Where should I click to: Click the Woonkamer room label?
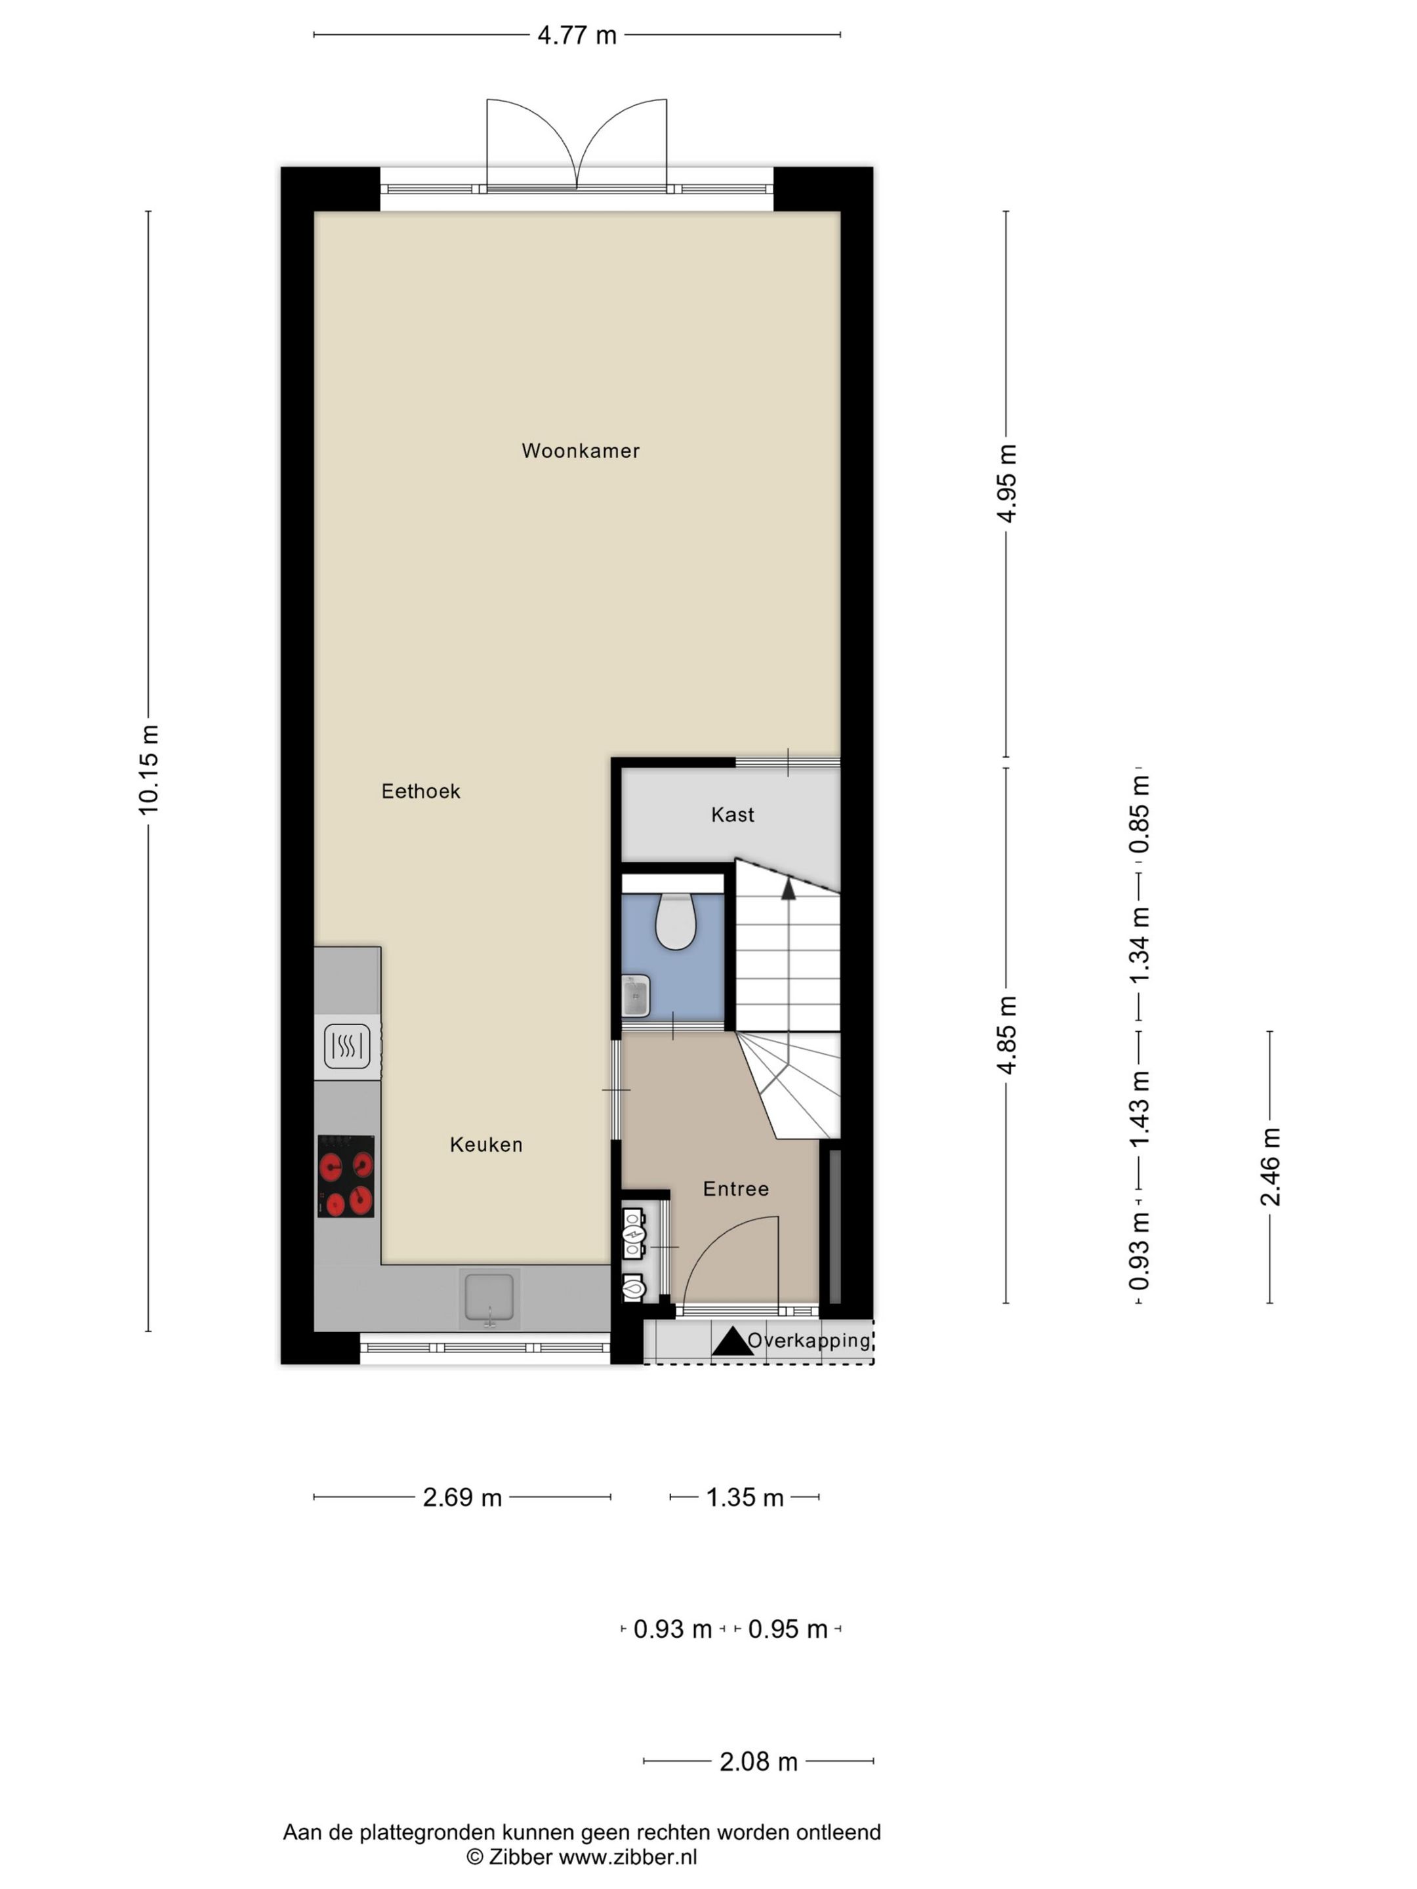(580, 451)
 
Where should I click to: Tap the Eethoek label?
(421, 792)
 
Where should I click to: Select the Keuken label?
(486, 1145)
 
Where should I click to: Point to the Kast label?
(732, 815)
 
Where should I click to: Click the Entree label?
(735, 1188)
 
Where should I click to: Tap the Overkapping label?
(809, 1341)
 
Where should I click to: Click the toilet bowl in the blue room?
(675, 923)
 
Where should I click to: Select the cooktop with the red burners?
(346, 1176)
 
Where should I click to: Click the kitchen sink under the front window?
(489, 1298)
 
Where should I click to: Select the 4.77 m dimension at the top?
(577, 35)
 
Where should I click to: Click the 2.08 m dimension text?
(758, 1762)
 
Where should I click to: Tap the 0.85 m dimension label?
(1140, 814)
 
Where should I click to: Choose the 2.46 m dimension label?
(1270, 1167)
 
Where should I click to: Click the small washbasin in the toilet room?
(636, 996)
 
